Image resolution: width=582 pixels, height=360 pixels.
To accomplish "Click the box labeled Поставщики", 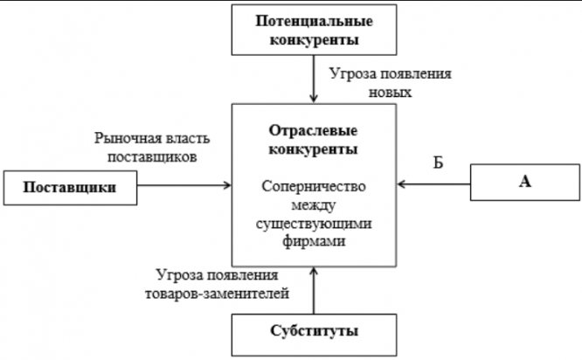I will [x=69, y=187].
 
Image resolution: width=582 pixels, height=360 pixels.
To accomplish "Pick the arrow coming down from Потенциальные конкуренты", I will [x=314, y=78].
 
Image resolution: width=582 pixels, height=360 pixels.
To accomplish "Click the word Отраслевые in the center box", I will [x=314, y=131].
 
